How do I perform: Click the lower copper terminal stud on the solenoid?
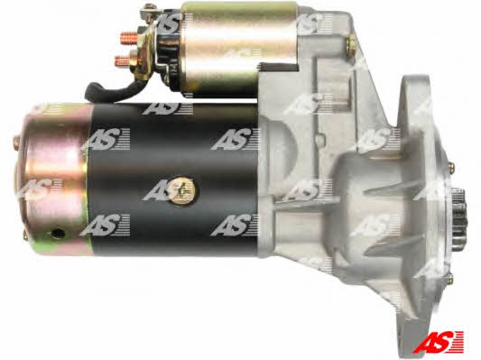point(124,61)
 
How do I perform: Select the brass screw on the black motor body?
point(182,189)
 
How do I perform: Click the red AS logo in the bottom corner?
point(439,342)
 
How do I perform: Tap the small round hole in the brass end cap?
point(57,234)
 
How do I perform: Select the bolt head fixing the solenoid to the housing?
point(352,46)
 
